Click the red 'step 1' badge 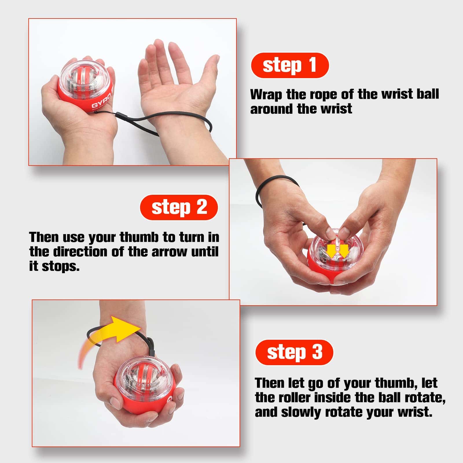tap(290, 65)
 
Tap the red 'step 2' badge tap(179, 207)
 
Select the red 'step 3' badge tap(294, 352)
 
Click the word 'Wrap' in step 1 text tap(266, 95)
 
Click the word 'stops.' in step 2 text tap(60, 266)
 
